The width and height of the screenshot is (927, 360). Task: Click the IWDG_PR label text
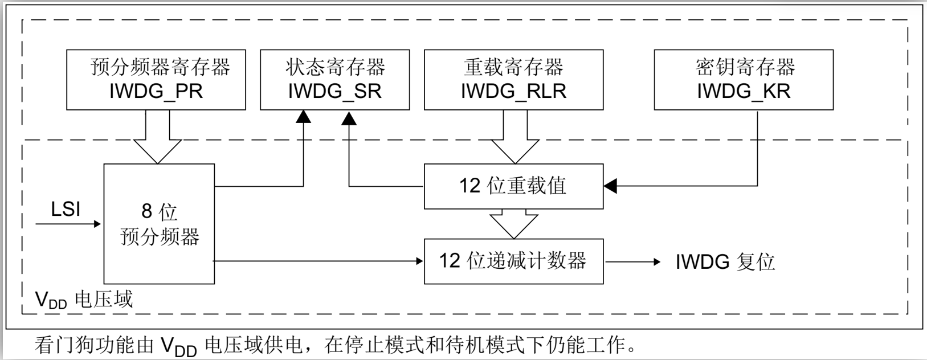coord(156,92)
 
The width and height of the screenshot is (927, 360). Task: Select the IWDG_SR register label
coord(334,92)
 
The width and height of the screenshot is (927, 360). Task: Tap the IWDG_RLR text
coord(513,92)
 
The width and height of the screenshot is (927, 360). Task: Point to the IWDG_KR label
coord(744,92)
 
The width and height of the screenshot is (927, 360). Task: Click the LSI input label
coord(66,210)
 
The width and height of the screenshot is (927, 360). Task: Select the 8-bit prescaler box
coord(159,224)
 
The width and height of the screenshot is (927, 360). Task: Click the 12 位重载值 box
coord(513,186)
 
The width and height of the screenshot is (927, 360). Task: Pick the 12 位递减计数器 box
coord(513,261)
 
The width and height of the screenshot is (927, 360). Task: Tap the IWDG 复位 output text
coord(725,262)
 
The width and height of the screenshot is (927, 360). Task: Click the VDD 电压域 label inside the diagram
coord(84,300)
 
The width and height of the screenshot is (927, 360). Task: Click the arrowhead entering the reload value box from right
coord(610,186)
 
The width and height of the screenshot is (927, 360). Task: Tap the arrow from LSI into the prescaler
coord(68,224)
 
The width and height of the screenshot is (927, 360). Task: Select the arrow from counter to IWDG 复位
coord(632,262)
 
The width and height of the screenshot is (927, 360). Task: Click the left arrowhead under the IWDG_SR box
coord(304,117)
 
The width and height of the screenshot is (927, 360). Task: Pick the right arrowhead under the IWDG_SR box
coord(349,118)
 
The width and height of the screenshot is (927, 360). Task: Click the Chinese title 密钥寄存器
coord(745,67)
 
